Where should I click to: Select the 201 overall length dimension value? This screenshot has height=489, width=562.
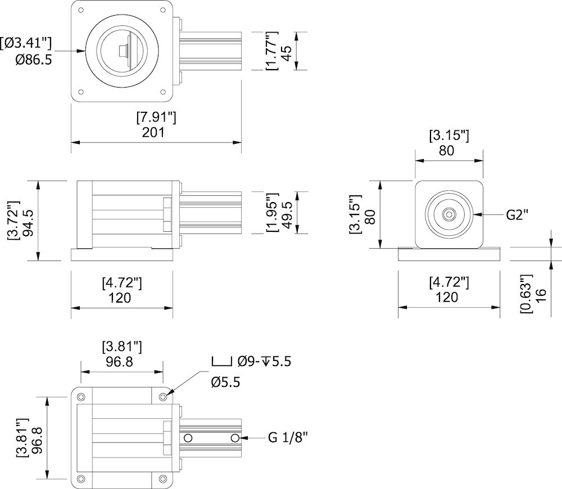click(x=153, y=132)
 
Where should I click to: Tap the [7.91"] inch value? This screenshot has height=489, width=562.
click(x=156, y=117)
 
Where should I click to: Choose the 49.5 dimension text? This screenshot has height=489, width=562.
click(x=287, y=213)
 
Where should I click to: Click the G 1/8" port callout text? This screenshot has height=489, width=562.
click(x=288, y=437)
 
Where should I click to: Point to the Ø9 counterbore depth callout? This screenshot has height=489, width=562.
click(x=264, y=362)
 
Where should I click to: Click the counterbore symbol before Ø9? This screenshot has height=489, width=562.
click(x=221, y=362)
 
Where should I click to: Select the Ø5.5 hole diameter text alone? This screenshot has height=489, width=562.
click(x=226, y=382)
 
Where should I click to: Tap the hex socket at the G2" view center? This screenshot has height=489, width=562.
click(x=448, y=214)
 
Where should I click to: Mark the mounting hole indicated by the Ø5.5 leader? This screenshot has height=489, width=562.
click(x=163, y=397)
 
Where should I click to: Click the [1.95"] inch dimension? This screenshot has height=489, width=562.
click(x=272, y=213)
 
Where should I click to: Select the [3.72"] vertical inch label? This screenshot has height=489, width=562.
click(x=12, y=221)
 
